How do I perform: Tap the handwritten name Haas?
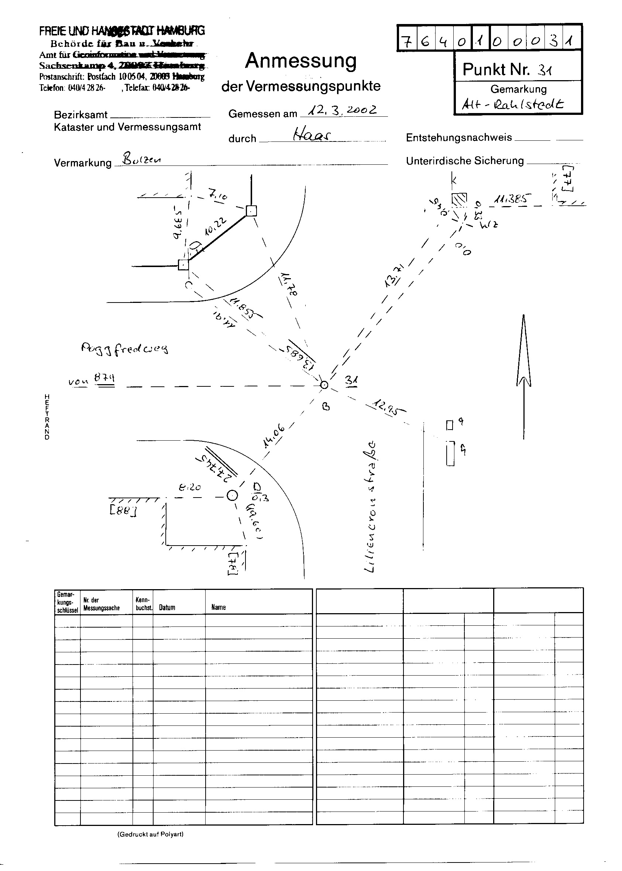(312, 134)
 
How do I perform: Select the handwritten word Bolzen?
(141, 158)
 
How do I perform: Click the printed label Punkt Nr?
(496, 69)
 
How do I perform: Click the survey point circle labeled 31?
(324, 385)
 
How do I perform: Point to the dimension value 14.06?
(274, 437)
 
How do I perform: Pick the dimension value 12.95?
(385, 407)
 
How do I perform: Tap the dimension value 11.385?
(512, 198)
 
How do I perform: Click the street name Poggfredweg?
(124, 348)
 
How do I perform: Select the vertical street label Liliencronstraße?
(371, 508)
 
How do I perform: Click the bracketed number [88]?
(123, 511)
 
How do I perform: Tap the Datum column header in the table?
(167, 607)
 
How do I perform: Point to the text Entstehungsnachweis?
(458, 137)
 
